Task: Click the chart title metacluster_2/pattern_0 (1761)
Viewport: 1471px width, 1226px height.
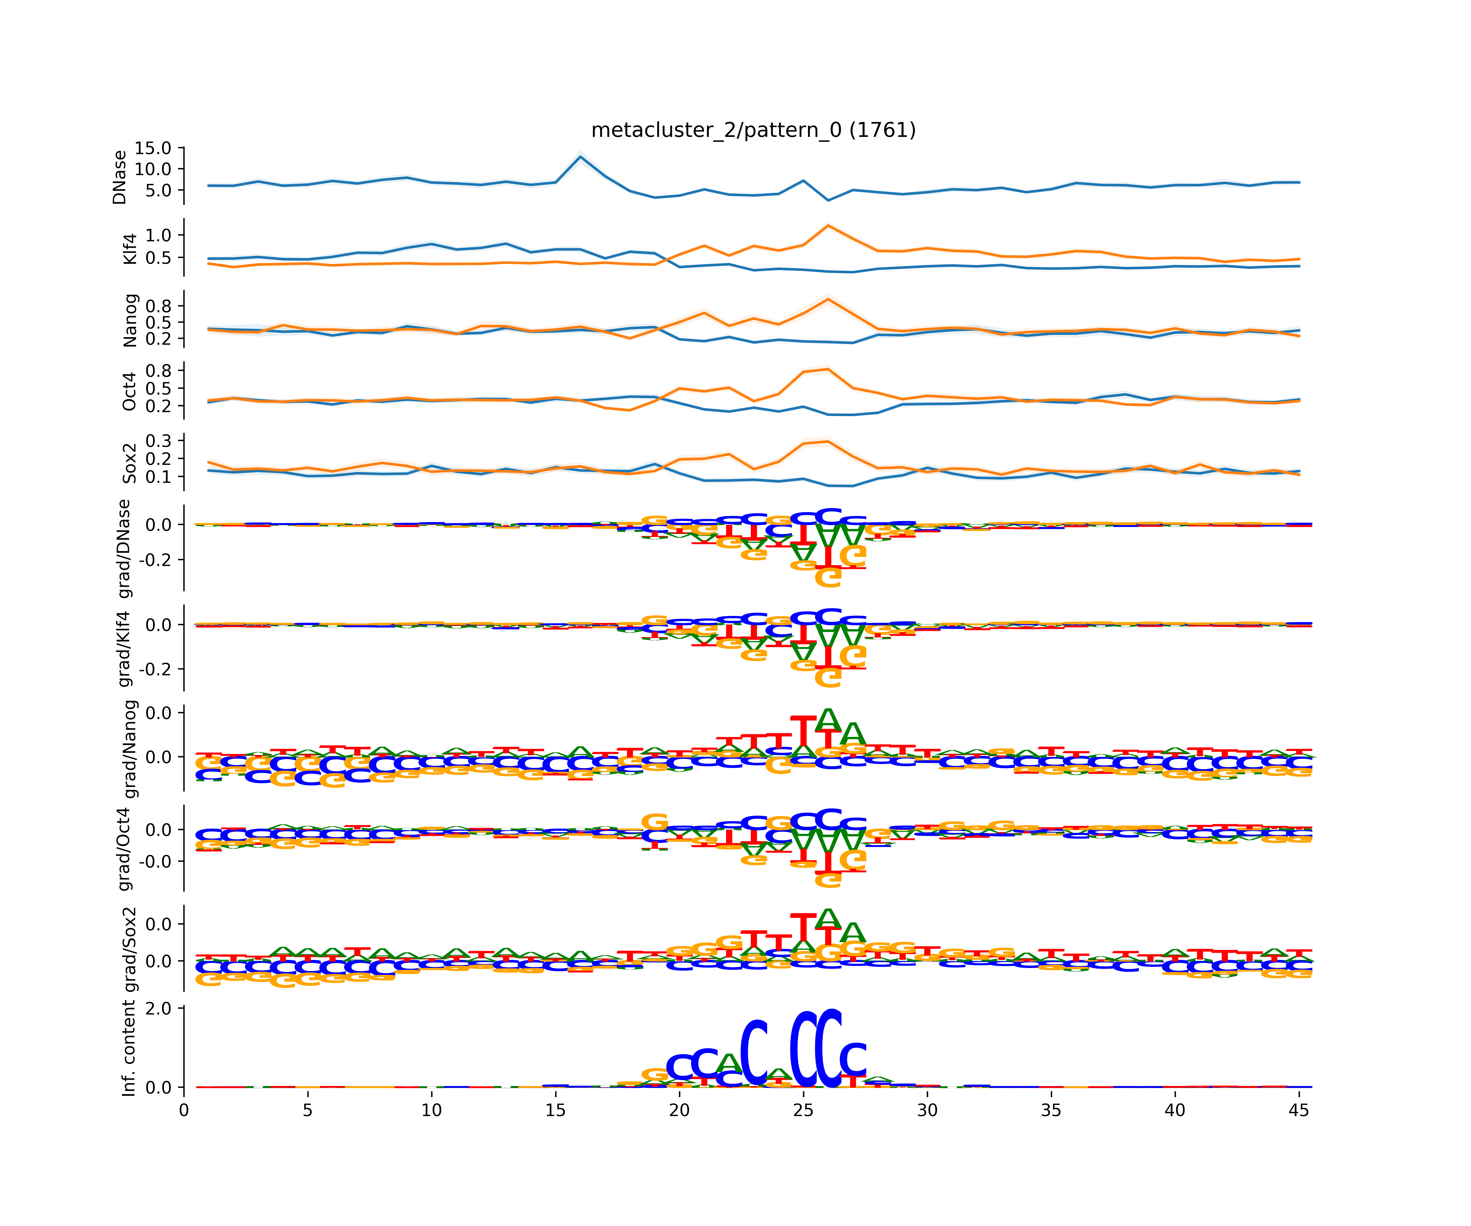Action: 753,130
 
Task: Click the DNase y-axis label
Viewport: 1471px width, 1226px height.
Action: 120,177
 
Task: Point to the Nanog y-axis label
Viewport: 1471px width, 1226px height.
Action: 130,320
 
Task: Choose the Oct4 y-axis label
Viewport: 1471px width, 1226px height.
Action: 130,392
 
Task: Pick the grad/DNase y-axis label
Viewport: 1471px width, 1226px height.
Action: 124,549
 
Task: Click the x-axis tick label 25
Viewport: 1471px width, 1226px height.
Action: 804,1110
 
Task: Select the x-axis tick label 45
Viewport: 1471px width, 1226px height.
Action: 1299,1110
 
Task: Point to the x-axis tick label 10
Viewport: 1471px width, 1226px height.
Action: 431,1110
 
